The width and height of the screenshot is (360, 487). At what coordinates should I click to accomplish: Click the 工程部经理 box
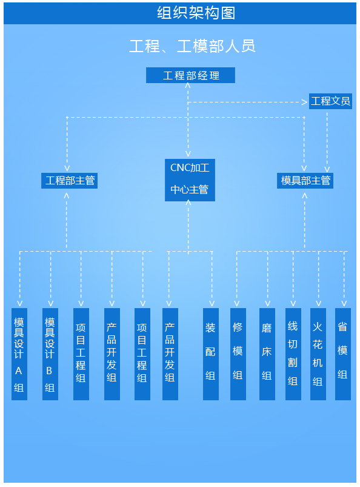pos(190,75)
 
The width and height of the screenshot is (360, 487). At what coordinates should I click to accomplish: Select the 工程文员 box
pos(330,101)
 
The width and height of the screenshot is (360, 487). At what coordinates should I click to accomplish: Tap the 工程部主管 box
pos(69,181)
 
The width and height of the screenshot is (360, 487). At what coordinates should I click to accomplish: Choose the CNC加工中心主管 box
pos(190,180)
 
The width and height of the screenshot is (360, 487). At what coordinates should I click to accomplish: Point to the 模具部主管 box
pos(305,181)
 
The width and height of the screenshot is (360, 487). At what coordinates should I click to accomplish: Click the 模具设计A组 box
pos(19,354)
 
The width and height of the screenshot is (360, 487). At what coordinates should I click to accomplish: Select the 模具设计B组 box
pos(50,354)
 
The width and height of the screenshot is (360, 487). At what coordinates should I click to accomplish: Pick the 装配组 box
pos(211,354)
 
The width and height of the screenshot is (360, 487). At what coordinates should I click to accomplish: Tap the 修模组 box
pos(238,354)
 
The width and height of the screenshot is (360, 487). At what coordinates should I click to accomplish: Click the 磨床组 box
pos(267,354)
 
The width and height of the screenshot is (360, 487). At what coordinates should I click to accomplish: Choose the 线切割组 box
pos(293,354)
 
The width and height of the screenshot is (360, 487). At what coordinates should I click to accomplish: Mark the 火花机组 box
pos(318,354)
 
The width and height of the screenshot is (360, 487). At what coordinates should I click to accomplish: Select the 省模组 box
pos(343,354)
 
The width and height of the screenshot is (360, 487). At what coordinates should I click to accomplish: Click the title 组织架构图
pos(196,13)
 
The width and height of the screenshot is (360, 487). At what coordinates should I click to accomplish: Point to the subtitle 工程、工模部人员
pos(192,46)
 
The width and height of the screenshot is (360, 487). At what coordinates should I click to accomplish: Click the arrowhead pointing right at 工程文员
pos(305,102)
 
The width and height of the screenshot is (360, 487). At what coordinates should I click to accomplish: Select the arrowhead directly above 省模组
pos(344,303)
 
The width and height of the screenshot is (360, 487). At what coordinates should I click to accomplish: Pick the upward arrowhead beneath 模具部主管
pos(305,196)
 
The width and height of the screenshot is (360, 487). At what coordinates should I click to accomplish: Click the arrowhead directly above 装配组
pos(212,303)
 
